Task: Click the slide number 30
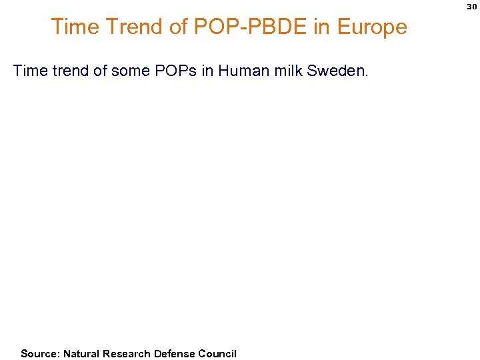471,7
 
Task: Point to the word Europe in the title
371,27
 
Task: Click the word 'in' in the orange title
321,27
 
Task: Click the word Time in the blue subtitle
29,71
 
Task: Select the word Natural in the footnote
82,353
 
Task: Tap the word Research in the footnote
127,353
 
